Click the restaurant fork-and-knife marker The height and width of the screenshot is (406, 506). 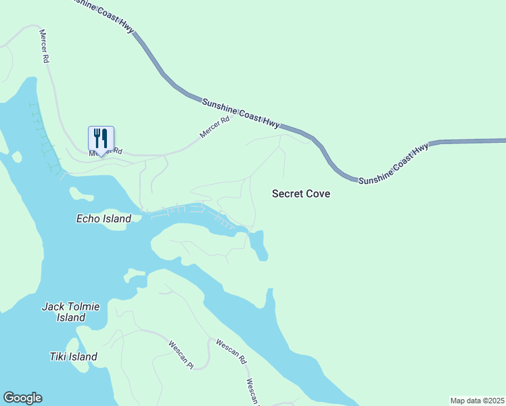tap(101, 139)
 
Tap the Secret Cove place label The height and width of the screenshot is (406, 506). tap(301, 194)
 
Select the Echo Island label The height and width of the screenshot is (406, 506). tap(103, 219)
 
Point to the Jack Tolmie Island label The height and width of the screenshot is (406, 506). tap(71, 312)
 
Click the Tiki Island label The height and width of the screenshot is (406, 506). tap(74, 357)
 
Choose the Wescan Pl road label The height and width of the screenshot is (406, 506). tap(181, 355)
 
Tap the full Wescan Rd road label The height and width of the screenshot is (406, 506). tap(230, 353)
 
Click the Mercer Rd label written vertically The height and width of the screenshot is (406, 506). tap(45, 46)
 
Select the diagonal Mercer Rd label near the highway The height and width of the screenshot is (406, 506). tap(215, 127)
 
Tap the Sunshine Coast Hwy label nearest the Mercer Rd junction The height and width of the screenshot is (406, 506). tap(241, 112)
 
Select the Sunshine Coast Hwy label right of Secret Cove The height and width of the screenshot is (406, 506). tap(394, 164)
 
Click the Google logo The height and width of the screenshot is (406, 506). tap(22, 398)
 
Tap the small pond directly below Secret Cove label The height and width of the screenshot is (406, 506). tap(258, 244)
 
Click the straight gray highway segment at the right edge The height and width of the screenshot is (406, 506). tap(474, 141)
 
